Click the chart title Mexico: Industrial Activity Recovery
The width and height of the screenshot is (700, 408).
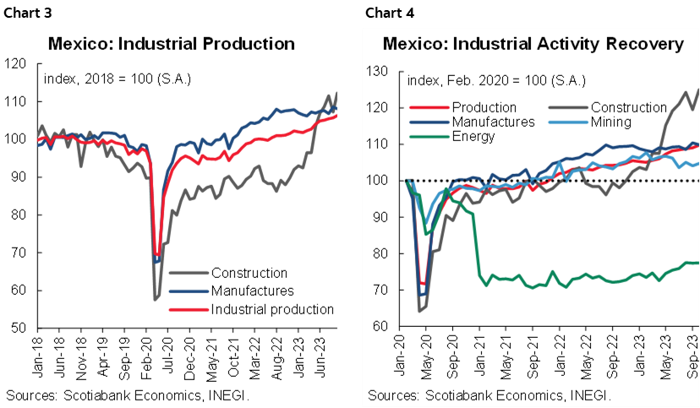pyautogui.click(x=533, y=44)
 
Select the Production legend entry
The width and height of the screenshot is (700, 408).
pyautogui.click(x=484, y=107)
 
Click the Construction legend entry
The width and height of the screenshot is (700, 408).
pyautogui.click(x=629, y=107)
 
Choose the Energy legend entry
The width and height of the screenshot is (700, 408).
pyautogui.click(x=473, y=136)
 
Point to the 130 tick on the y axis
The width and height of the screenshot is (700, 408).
pyautogui.click(x=376, y=72)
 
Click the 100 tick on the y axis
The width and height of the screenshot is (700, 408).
pyautogui.click(x=376, y=181)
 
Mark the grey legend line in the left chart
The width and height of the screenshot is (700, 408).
pyautogui.click(x=189, y=272)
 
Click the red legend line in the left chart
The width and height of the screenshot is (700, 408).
pyautogui.click(x=189, y=309)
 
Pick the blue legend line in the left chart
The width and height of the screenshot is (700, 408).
pyautogui.click(x=189, y=291)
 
